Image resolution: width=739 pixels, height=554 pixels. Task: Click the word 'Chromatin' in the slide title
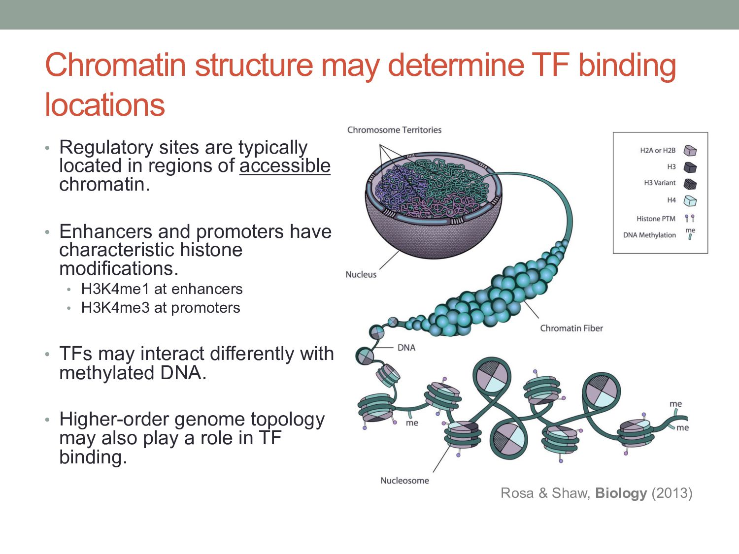tap(115, 65)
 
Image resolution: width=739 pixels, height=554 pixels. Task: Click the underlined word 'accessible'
tap(285, 166)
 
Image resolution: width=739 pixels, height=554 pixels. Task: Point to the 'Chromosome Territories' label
tap(394, 130)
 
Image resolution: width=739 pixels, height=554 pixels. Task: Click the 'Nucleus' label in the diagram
tap(361, 275)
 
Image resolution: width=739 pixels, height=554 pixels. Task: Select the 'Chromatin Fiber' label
tap(571, 328)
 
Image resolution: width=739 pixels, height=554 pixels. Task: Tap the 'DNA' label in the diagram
tap(406, 348)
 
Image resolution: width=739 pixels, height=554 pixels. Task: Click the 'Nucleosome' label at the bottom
tap(404, 481)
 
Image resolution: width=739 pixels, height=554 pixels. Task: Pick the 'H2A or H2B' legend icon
tap(690, 151)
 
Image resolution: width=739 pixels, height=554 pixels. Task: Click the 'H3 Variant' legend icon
tap(690, 184)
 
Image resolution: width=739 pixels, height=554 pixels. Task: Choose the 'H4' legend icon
tap(690, 201)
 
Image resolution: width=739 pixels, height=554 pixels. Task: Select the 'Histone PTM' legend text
tap(656, 219)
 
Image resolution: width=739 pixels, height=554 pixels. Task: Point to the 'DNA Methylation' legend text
tap(649, 235)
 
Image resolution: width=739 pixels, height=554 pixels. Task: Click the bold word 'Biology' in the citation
tap(621, 493)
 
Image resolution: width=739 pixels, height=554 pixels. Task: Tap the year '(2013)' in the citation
tap(672, 493)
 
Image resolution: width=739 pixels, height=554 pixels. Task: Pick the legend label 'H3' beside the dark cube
tap(671, 167)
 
